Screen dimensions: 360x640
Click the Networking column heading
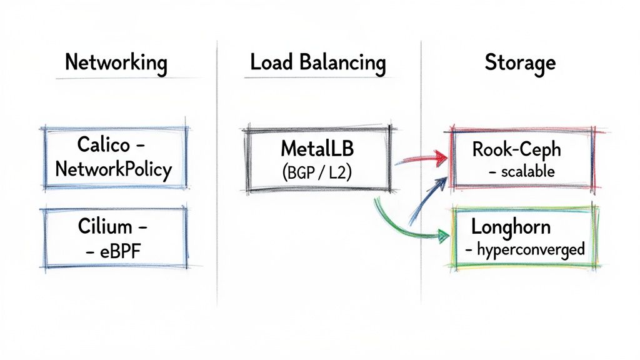[x=116, y=63]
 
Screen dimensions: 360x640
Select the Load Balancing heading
[x=317, y=63]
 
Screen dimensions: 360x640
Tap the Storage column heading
[x=519, y=63]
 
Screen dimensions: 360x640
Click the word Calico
[x=104, y=145]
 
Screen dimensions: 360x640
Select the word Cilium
[x=104, y=225]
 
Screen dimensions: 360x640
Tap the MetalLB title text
[x=317, y=149]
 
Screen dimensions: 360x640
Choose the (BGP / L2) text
[x=317, y=173]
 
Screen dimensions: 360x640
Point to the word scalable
[x=527, y=171]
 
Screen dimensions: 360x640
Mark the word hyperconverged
[x=531, y=249]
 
